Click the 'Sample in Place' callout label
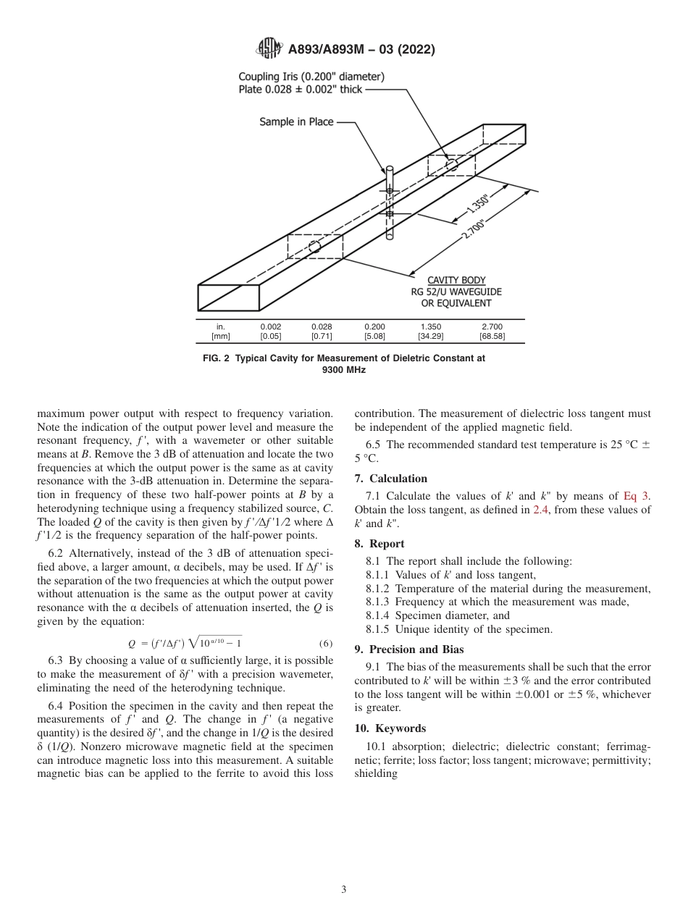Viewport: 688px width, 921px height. (x=296, y=122)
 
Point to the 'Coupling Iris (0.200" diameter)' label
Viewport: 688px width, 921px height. (x=311, y=76)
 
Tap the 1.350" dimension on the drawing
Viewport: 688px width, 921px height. (x=478, y=203)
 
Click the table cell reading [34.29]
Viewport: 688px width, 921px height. (x=430, y=336)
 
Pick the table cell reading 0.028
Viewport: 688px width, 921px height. (x=322, y=327)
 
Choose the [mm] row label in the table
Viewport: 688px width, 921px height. (x=220, y=336)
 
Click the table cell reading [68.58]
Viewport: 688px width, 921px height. (x=492, y=336)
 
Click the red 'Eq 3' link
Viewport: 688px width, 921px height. (x=637, y=496)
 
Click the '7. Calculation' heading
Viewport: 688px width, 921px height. (x=391, y=479)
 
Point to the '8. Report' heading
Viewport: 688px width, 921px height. (x=379, y=544)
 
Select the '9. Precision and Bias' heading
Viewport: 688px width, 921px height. (x=408, y=649)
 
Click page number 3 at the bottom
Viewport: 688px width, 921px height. (x=344, y=890)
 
